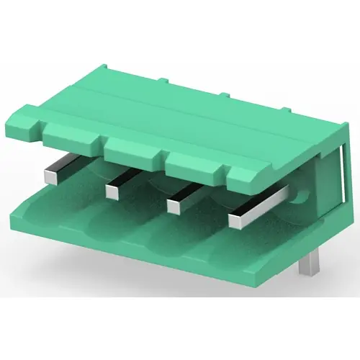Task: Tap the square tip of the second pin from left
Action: [x=112, y=191]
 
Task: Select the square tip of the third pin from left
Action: [x=174, y=205]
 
